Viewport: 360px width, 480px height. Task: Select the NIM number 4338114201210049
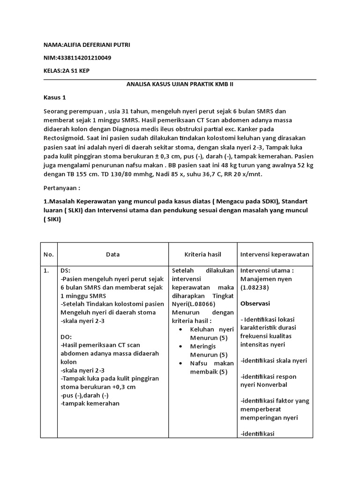pos(84,58)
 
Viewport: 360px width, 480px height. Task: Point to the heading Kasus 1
pos(55,98)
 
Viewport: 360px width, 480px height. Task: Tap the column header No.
pos(49,255)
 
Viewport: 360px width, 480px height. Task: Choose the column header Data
pos(112,255)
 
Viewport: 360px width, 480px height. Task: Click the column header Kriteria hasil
pos(202,255)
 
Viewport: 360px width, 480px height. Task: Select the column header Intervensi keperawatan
pos(275,255)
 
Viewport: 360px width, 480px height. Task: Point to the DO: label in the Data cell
pos(66,337)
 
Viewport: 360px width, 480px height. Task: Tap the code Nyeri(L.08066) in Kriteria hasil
pos(193,304)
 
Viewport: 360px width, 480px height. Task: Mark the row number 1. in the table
pos(47,271)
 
